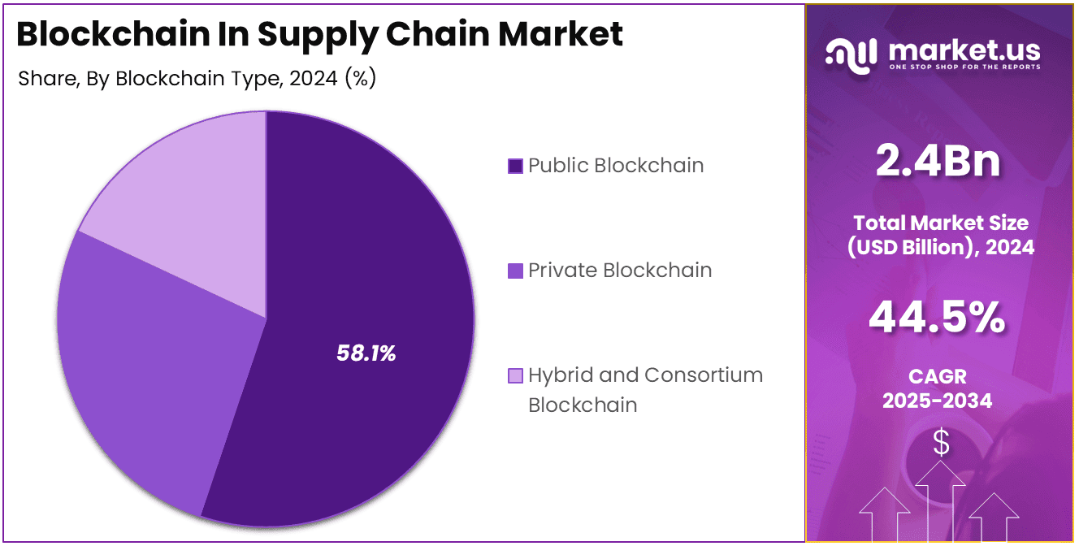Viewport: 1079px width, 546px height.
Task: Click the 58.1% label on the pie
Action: (366, 353)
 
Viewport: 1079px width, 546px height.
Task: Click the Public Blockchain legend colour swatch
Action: (515, 166)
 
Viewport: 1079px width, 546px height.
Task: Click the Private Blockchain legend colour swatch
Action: (515, 271)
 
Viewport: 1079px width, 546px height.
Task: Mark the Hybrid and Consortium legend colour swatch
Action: (515, 375)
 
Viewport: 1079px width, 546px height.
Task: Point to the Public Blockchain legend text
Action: (616, 166)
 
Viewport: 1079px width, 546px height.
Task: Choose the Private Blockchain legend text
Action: (620, 271)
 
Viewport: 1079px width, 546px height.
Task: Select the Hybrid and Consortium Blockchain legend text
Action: (645, 389)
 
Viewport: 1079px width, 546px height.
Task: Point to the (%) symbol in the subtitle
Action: (360, 79)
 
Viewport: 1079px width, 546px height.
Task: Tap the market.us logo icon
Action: (851, 53)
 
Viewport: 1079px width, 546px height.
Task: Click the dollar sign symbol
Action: (941, 443)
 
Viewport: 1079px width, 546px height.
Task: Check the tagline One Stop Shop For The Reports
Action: (964, 67)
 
